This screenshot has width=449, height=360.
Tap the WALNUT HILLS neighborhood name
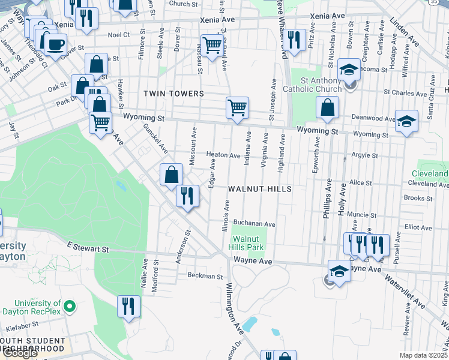(x=259, y=189)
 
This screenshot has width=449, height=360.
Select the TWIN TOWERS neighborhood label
(x=173, y=94)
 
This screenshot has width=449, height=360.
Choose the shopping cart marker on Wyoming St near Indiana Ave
(x=237, y=108)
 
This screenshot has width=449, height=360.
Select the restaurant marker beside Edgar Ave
(x=187, y=196)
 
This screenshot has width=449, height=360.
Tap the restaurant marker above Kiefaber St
(x=128, y=306)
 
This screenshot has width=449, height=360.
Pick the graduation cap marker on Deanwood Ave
(x=406, y=122)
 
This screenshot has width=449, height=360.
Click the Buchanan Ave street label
(x=254, y=224)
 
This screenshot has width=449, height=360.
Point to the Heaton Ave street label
(x=223, y=155)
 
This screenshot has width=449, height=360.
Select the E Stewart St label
(x=88, y=247)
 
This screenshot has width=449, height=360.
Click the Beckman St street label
(x=205, y=277)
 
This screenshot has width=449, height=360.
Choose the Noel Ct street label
(x=119, y=35)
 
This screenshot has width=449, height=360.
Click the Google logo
(x=19, y=353)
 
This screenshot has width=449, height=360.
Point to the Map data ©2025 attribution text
(x=424, y=355)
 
